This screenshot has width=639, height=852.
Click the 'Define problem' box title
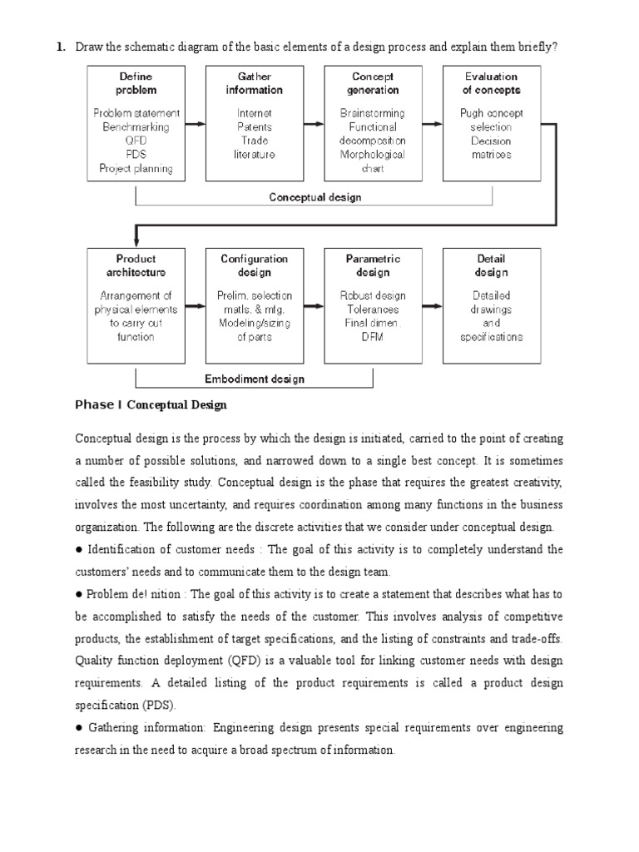pyautogui.click(x=136, y=83)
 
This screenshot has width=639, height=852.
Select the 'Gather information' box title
pyautogui.click(x=254, y=83)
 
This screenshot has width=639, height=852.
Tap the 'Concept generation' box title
pyautogui.click(x=373, y=83)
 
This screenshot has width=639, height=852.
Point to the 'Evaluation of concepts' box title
pyautogui.click(x=491, y=83)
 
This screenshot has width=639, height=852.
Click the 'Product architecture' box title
pyautogui.click(x=136, y=265)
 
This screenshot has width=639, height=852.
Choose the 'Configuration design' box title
pyautogui.click(x=254, y=265)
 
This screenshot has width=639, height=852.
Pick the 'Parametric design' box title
pyautogui.click(x=373, y=265)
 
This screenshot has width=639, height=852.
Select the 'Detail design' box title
pyautogui.click(x=491, y=265)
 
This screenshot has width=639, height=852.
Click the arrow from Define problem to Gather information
pyautogui.click(x=195, y=124)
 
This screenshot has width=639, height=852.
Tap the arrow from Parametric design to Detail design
pyautogui.click(x=432, y=305)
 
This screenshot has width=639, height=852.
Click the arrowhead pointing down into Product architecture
pyautogui.click(x=136, y=241)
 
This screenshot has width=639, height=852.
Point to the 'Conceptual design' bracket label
pyautogui.click(x=315, y=197)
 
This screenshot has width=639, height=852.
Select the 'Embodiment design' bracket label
pyautogui.click(x=255, y=379)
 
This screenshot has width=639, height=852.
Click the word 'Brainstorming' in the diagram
pyautogui.click(x=373, y=113)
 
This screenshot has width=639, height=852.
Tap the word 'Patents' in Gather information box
pyautogui.click(x=254, y=127)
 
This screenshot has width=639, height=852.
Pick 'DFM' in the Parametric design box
pyautogui.click(x=373, y=337)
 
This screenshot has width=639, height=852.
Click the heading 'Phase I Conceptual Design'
pyautogui.click(x=151, y=405)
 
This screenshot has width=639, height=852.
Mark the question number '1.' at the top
pyautogui.click(x=61, y=47)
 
